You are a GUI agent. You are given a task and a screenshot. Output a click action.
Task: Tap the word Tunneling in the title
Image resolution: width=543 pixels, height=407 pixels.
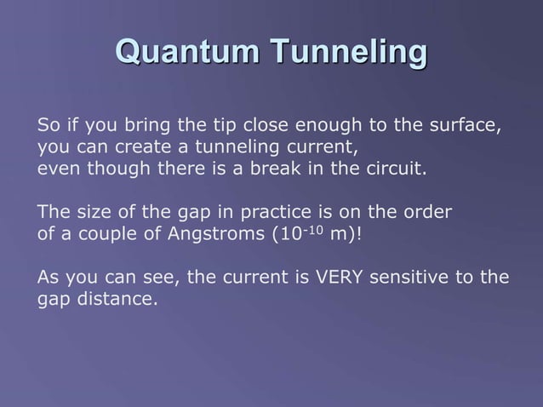pyautogui.click(x=346, y=53)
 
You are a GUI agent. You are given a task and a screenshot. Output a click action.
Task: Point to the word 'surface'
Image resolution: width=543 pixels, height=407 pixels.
pyautogui.click(x=465, y=126)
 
